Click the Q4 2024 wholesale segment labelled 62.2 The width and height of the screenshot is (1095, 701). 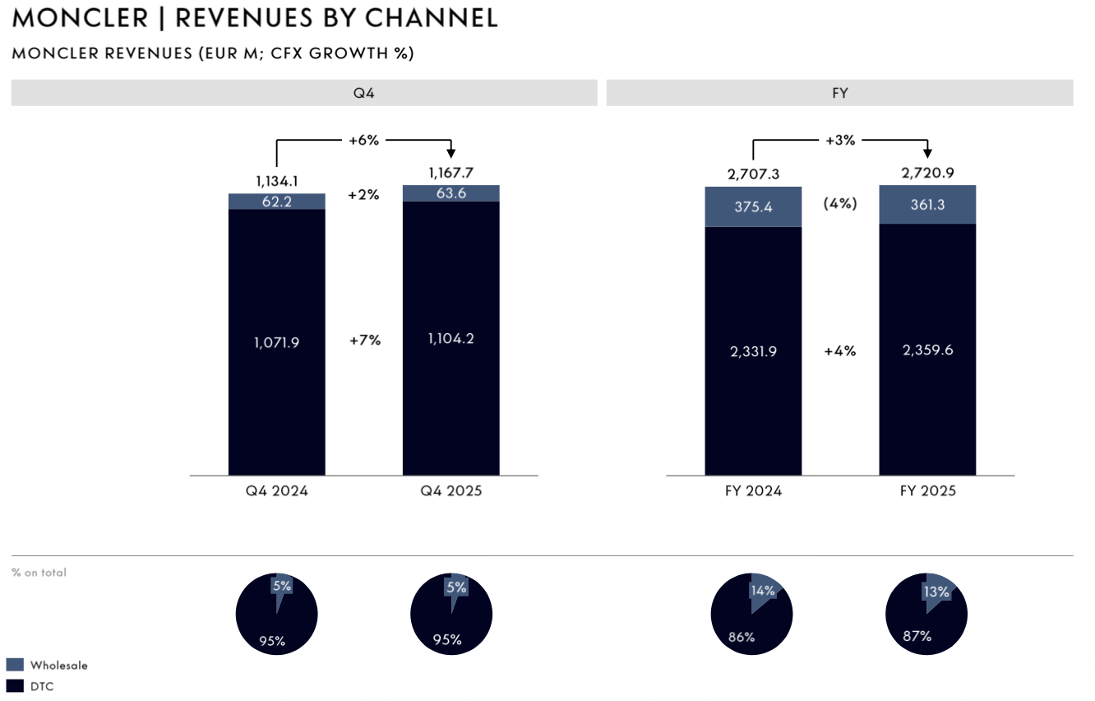276,202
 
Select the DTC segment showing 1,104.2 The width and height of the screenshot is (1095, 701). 450,339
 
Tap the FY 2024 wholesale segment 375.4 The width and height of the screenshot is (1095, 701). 753,207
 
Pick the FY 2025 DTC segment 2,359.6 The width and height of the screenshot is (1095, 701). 927,350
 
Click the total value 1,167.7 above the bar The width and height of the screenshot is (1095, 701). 450,173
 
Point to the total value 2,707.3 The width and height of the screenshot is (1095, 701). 753,174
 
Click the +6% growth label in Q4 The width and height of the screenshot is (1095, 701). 363,140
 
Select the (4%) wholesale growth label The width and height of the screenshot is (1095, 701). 840,203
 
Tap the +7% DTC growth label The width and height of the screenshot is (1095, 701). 363,339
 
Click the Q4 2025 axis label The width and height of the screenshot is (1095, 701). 450,491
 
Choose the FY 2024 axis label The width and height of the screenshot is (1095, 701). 753,491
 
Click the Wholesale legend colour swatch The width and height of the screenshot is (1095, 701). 15,665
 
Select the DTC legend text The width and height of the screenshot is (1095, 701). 42,685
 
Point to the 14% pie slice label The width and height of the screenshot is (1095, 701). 762,590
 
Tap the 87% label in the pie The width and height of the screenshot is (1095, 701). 917,636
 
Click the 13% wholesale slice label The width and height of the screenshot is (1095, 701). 936,592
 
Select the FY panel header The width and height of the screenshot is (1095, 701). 839,93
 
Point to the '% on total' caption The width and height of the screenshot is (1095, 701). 39,572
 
